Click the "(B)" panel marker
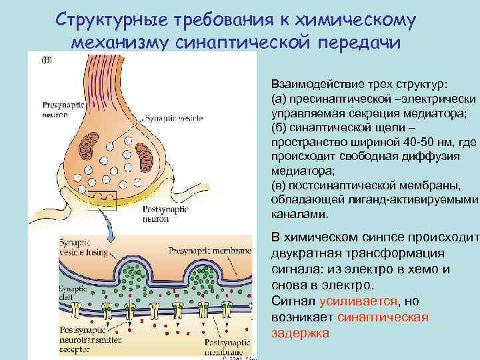[47, 59]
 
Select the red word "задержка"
[301, 332]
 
